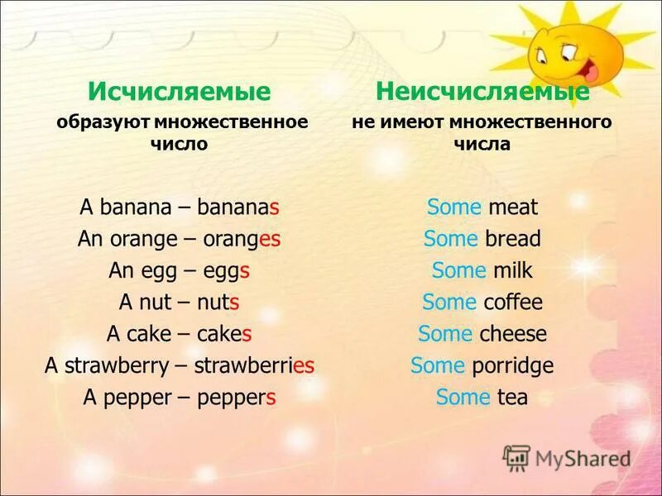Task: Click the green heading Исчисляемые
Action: (x=180, y=90)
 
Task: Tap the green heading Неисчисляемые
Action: (x=482, y=90)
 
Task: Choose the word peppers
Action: (x=237, y=397)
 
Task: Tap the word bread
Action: (x=513, y=239)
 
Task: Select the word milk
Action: (x=513, y=270)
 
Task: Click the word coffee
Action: (x=512, y=302)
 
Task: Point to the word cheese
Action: (x=514, y=334)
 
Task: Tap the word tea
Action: (x=512, y=397)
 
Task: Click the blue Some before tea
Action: (x=463, y=397)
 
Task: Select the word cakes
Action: (x=224, y=334)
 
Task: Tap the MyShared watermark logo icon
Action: (x=517, y=457)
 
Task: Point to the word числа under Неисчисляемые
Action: (x=482, y=143)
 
